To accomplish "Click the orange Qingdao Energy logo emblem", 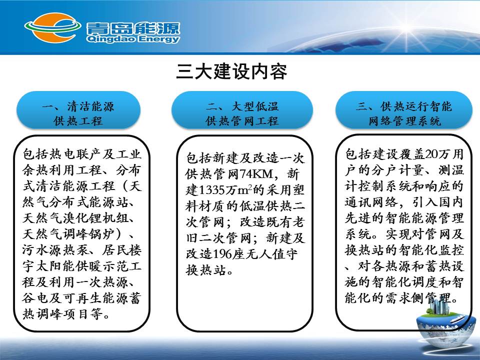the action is pos(52,28).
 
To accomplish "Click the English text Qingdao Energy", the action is pos(133,39).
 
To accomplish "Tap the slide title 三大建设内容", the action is pos(231,72).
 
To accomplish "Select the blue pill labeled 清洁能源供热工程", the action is pos(78,110).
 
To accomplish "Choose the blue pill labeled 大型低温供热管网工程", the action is pos(242,110).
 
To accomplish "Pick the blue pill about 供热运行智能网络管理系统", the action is pos(404,110).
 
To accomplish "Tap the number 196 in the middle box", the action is pos(222,254).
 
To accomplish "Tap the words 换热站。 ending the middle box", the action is pos(209,270).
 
